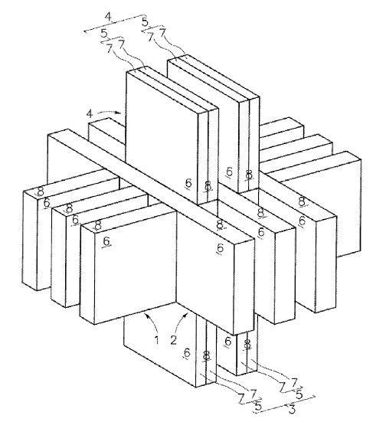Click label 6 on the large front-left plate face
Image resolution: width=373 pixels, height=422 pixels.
click(107, 240)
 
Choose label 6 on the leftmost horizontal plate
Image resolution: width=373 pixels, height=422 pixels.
click(46, 204)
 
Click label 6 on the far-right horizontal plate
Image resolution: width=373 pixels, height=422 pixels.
click(302, 221)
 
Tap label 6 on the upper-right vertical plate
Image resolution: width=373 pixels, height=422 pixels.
click(229, 171)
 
